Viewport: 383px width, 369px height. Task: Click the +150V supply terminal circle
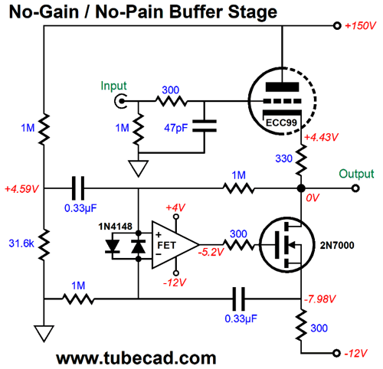(337, 26)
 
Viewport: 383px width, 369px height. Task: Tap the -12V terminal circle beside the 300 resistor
(337, 353)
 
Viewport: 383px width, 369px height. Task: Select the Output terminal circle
(355, 188)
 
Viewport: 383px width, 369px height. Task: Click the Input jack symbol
(120, 101)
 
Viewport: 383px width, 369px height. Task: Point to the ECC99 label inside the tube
(281, 122)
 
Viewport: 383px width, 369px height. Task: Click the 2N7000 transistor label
(337, 245)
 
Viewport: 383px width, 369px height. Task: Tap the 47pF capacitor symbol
(205, 126)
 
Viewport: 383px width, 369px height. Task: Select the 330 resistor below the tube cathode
(301, 160)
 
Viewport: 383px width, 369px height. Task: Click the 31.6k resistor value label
(21, 243)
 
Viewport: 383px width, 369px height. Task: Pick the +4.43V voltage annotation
(321, 137)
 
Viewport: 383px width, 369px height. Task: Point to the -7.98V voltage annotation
(319, 299)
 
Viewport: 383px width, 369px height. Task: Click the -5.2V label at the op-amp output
(211, 252)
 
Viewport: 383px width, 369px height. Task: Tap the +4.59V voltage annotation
(21, 189)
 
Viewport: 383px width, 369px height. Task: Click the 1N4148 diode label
(116, 227)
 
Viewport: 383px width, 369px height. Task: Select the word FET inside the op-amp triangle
(166, 245)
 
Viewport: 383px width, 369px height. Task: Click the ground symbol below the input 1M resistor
(139, 168)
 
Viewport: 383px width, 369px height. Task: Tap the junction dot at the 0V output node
(301, 188)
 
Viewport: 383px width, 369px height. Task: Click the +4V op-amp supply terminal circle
(176, 217)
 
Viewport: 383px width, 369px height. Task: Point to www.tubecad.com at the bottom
(136, 358)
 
